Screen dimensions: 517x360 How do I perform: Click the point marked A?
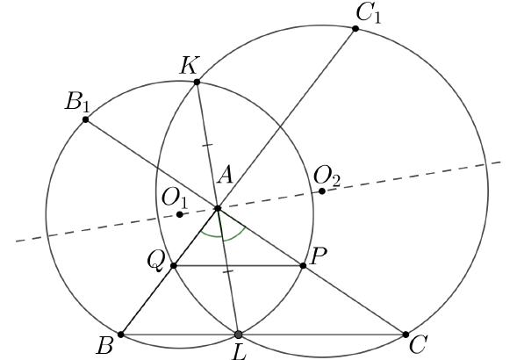pos(218,208)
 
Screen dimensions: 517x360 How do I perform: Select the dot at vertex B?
pos(121,335)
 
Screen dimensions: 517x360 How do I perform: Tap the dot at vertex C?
pos(406,335)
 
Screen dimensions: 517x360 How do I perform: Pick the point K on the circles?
pos(197,82)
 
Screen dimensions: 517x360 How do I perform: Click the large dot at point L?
pos(238,335)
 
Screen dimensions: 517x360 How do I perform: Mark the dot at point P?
pos(304,265)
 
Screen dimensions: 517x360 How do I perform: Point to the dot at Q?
pos(174,266)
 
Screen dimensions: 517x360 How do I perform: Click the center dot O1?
pos(180,214)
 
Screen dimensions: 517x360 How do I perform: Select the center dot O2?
pos(322,191)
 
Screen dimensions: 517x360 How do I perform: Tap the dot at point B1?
pos(86,119)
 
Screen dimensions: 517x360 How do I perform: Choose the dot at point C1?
pos(355,29)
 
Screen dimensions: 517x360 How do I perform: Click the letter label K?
pos(190,66)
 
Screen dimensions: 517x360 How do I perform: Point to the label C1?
pos(369,14)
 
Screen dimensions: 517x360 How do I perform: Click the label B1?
pos(77,102)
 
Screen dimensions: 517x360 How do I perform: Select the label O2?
pos(327,176)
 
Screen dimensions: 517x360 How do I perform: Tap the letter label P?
pos(319,256)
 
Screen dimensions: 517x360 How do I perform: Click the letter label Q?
pos(155,262)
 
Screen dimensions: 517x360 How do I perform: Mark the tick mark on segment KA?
pos(207,145)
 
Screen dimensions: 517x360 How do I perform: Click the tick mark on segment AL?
pos(228,271)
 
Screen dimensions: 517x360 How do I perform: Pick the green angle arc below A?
pos(223,237)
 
